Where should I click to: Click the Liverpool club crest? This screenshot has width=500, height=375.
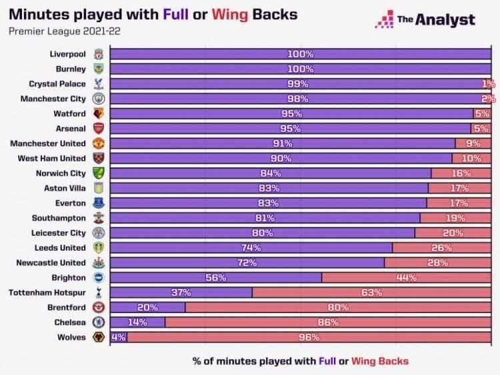click(x=98, y=53)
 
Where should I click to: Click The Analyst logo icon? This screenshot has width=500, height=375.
click(x=384, y=20)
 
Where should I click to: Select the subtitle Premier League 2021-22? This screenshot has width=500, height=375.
click(x=51, y=31)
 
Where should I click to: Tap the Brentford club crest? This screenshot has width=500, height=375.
click(x=98, y=308)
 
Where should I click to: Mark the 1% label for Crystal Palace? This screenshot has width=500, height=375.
click(x=489, y=83)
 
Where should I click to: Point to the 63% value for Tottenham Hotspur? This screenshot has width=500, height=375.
click(x=371, y=292)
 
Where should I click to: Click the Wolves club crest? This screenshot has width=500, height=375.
click(x=98, y=338)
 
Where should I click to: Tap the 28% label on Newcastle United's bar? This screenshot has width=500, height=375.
click(x=437, y=263)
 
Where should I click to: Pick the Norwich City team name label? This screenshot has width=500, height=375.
click(x=61, y=173)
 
